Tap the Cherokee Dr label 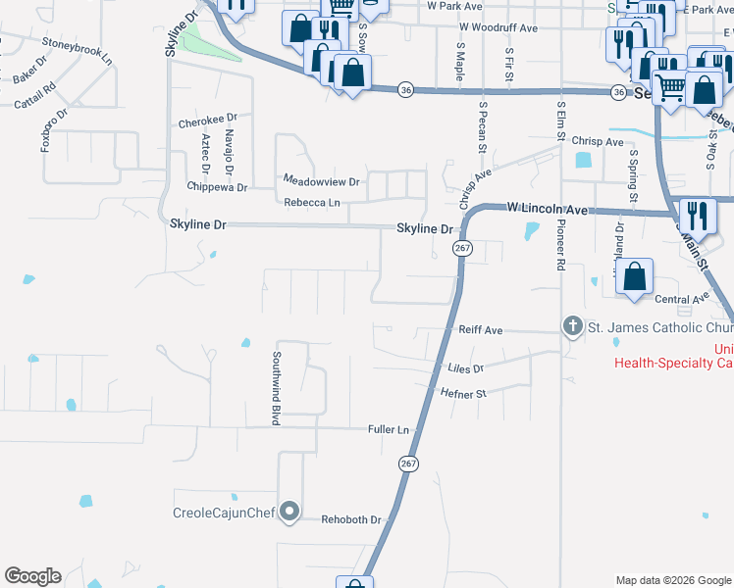202,123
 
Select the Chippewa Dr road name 217,186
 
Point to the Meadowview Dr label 322,181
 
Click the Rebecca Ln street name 312,204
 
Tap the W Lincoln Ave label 547,209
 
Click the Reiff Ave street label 481,331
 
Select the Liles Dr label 465,369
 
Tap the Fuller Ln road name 388,428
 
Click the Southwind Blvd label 277,388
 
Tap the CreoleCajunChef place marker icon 289,512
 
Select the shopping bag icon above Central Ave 636,277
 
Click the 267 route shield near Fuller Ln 407,462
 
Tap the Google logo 33,576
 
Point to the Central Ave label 681,299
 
